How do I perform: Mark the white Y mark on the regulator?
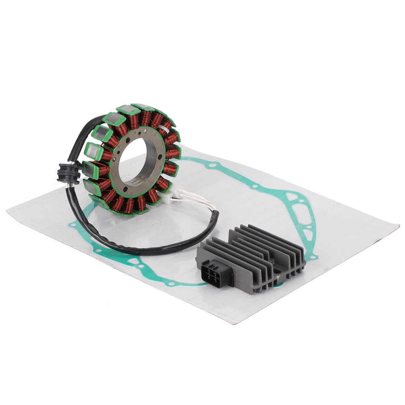[278, 276]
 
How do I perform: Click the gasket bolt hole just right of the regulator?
[314, 257]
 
